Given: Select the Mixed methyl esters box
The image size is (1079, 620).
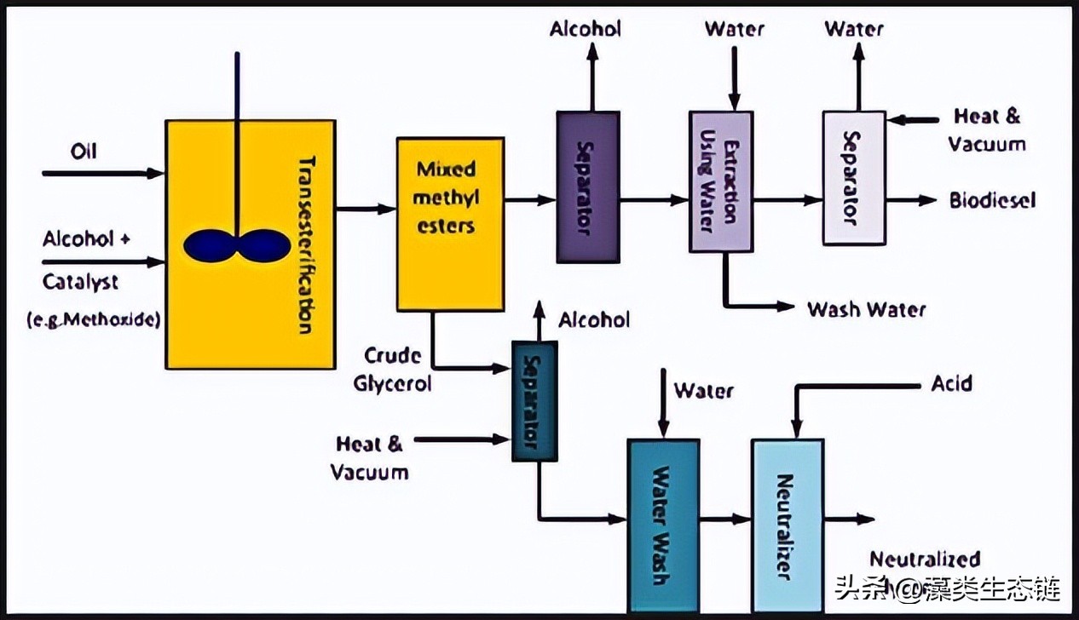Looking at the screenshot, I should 449,223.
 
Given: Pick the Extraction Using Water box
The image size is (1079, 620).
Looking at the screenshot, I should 720,181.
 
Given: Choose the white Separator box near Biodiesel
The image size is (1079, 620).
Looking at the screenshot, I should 853,178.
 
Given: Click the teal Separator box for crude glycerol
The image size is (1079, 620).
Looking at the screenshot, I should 534,400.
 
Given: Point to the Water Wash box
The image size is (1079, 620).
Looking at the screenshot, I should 663,524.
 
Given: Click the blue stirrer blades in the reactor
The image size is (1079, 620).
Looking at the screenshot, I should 236,245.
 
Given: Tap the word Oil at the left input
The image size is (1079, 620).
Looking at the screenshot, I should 84,151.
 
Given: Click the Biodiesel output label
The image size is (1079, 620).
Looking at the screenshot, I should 992,200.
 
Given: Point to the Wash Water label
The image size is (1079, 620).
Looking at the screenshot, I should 866,308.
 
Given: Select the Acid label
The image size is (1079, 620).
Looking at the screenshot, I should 951,384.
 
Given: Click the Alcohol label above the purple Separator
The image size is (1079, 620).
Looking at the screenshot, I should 586,29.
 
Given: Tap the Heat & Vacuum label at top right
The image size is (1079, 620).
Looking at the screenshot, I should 987,129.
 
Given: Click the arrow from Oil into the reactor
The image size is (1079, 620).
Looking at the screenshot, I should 102,174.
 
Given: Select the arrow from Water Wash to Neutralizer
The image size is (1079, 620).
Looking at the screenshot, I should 724,519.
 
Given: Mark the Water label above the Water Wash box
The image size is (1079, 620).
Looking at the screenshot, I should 703,391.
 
